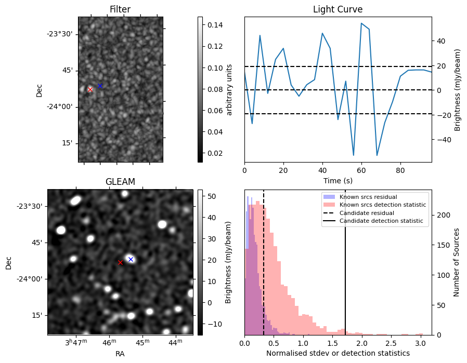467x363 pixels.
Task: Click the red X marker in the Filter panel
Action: [x=90, y=89]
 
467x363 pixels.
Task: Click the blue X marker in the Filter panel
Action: [x=100, y=86]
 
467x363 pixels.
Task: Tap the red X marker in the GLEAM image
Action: [x=120, y=263]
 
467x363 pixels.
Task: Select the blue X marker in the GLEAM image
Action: [x=131, y=259]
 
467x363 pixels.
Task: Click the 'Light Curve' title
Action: [x=338, y=9]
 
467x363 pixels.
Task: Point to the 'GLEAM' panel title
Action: [x=120, y=182]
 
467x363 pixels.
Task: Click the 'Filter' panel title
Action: [x=120, y=9]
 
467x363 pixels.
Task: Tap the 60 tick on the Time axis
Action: [x=361, y=170]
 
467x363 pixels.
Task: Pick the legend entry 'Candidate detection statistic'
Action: [x=381, y=221]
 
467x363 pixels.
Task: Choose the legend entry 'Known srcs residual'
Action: [x=368, y=197]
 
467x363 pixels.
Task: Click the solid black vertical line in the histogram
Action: [x=345, y=262]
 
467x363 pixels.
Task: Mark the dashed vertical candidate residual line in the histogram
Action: [x=264, y=262]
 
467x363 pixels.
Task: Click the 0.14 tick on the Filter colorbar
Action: [x=215, y=25]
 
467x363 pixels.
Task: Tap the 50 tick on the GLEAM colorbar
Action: [x=212, y=196]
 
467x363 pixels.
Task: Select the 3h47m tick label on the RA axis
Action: [x=76, y=342]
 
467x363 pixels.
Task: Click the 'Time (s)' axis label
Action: [x=338, y=181]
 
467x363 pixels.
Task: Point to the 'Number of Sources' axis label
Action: [x=456, y=262]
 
